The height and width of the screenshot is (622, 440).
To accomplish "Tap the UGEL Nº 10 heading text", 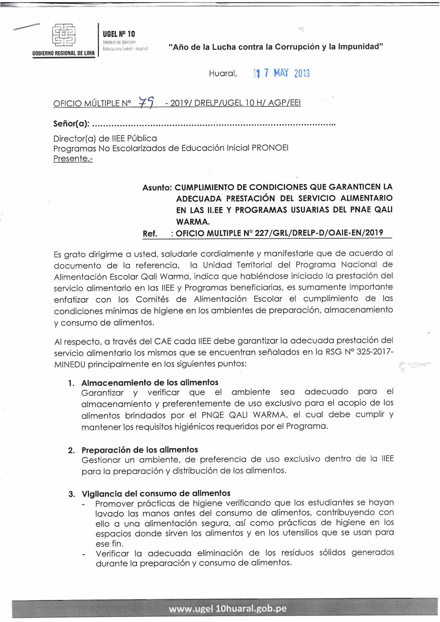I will click(119, 34).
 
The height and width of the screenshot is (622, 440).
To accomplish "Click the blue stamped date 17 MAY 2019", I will click(282, 73).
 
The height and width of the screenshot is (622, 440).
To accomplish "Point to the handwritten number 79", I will click(146, 102).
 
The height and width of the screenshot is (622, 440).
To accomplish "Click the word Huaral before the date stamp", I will click(222, 73).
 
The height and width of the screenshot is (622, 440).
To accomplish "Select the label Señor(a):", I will click(71, 124).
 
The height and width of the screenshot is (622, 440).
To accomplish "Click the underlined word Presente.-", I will click(73, 159).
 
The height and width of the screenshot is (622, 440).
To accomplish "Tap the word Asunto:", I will click(157, 187).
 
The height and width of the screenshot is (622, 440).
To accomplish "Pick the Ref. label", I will click(150, 233).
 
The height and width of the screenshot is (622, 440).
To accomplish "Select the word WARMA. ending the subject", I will click(193, 222).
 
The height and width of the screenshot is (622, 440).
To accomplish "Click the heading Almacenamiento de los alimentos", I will click(150, 382).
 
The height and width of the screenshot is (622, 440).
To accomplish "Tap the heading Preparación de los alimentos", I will click(140, 450).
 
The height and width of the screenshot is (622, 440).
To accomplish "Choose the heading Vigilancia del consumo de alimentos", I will click(156, 493).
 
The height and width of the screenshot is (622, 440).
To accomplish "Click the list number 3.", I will click(72, 494).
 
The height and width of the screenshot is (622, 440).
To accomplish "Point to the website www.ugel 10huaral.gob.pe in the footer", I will click(227, 609).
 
